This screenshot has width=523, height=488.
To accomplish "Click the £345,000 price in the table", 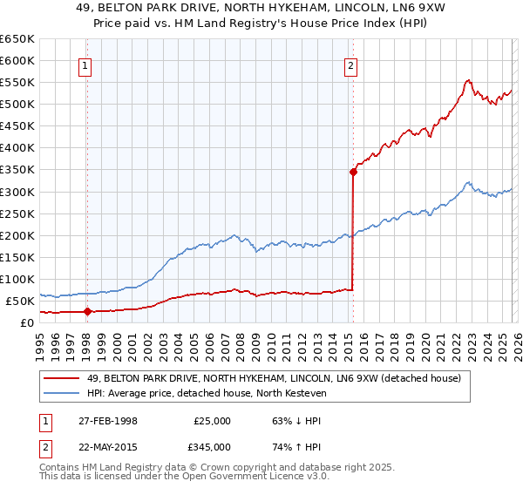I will pos(212,446).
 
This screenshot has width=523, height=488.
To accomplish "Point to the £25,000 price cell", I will pos(212,420).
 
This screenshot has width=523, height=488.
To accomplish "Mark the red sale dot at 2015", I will pos(353,172).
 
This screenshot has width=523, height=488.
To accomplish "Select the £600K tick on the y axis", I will pos(17,60).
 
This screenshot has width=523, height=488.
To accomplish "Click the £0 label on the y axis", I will pos(26,322).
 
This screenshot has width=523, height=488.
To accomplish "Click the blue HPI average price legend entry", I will pos(206,393).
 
